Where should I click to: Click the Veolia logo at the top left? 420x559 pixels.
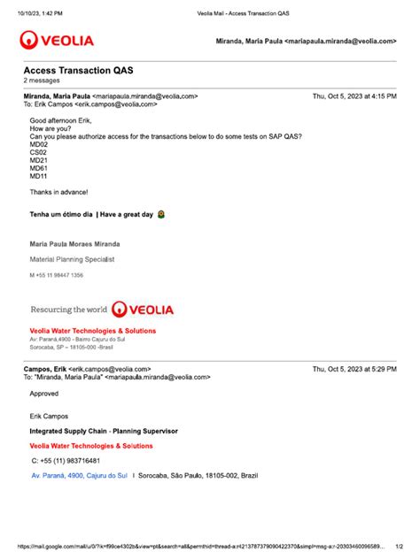coord(58,40)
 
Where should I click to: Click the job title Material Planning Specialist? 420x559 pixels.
coord(72,259)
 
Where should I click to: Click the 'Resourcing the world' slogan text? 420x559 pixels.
coord(68,310)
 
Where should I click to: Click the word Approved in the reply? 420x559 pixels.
coord(44,394)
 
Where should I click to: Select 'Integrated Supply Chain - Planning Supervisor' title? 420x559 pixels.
coord(103,431)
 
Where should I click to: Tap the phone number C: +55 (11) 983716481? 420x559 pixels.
coord(66,461)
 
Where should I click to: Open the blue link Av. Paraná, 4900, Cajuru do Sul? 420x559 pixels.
coord(79,476)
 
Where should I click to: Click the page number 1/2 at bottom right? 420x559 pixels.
coord(399,548)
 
